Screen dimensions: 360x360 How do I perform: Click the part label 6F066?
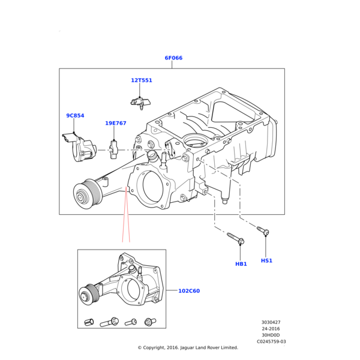tap(173, 58)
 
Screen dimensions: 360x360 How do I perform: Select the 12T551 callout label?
tap(142, 80)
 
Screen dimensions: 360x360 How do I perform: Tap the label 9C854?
tap(75, 115)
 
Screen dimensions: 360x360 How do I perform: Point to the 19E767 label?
tap(116, 123)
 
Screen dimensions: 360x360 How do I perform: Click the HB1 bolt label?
tap(241, 264)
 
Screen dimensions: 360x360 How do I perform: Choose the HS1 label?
tap(266, 260)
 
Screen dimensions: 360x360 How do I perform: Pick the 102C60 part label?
tap(189, 291)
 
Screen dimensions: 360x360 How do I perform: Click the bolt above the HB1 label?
tap(236, 239)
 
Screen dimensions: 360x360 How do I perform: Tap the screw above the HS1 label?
tap(263, 231)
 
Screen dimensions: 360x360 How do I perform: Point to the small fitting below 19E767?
tap(114, 149)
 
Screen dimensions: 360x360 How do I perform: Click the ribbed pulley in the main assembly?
tap(87, 194)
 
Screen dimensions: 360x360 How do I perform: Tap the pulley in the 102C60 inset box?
tap(89, 295)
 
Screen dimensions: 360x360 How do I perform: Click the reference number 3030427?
tap(271, 322)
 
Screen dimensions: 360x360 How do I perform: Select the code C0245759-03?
tap(271, 341)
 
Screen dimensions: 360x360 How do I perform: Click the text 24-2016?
tap(271, 329)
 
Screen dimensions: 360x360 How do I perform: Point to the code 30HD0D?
tap(271, 335)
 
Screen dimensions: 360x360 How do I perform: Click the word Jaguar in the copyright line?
tap(187, 348)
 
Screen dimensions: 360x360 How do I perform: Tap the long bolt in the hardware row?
tap(109, 322)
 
